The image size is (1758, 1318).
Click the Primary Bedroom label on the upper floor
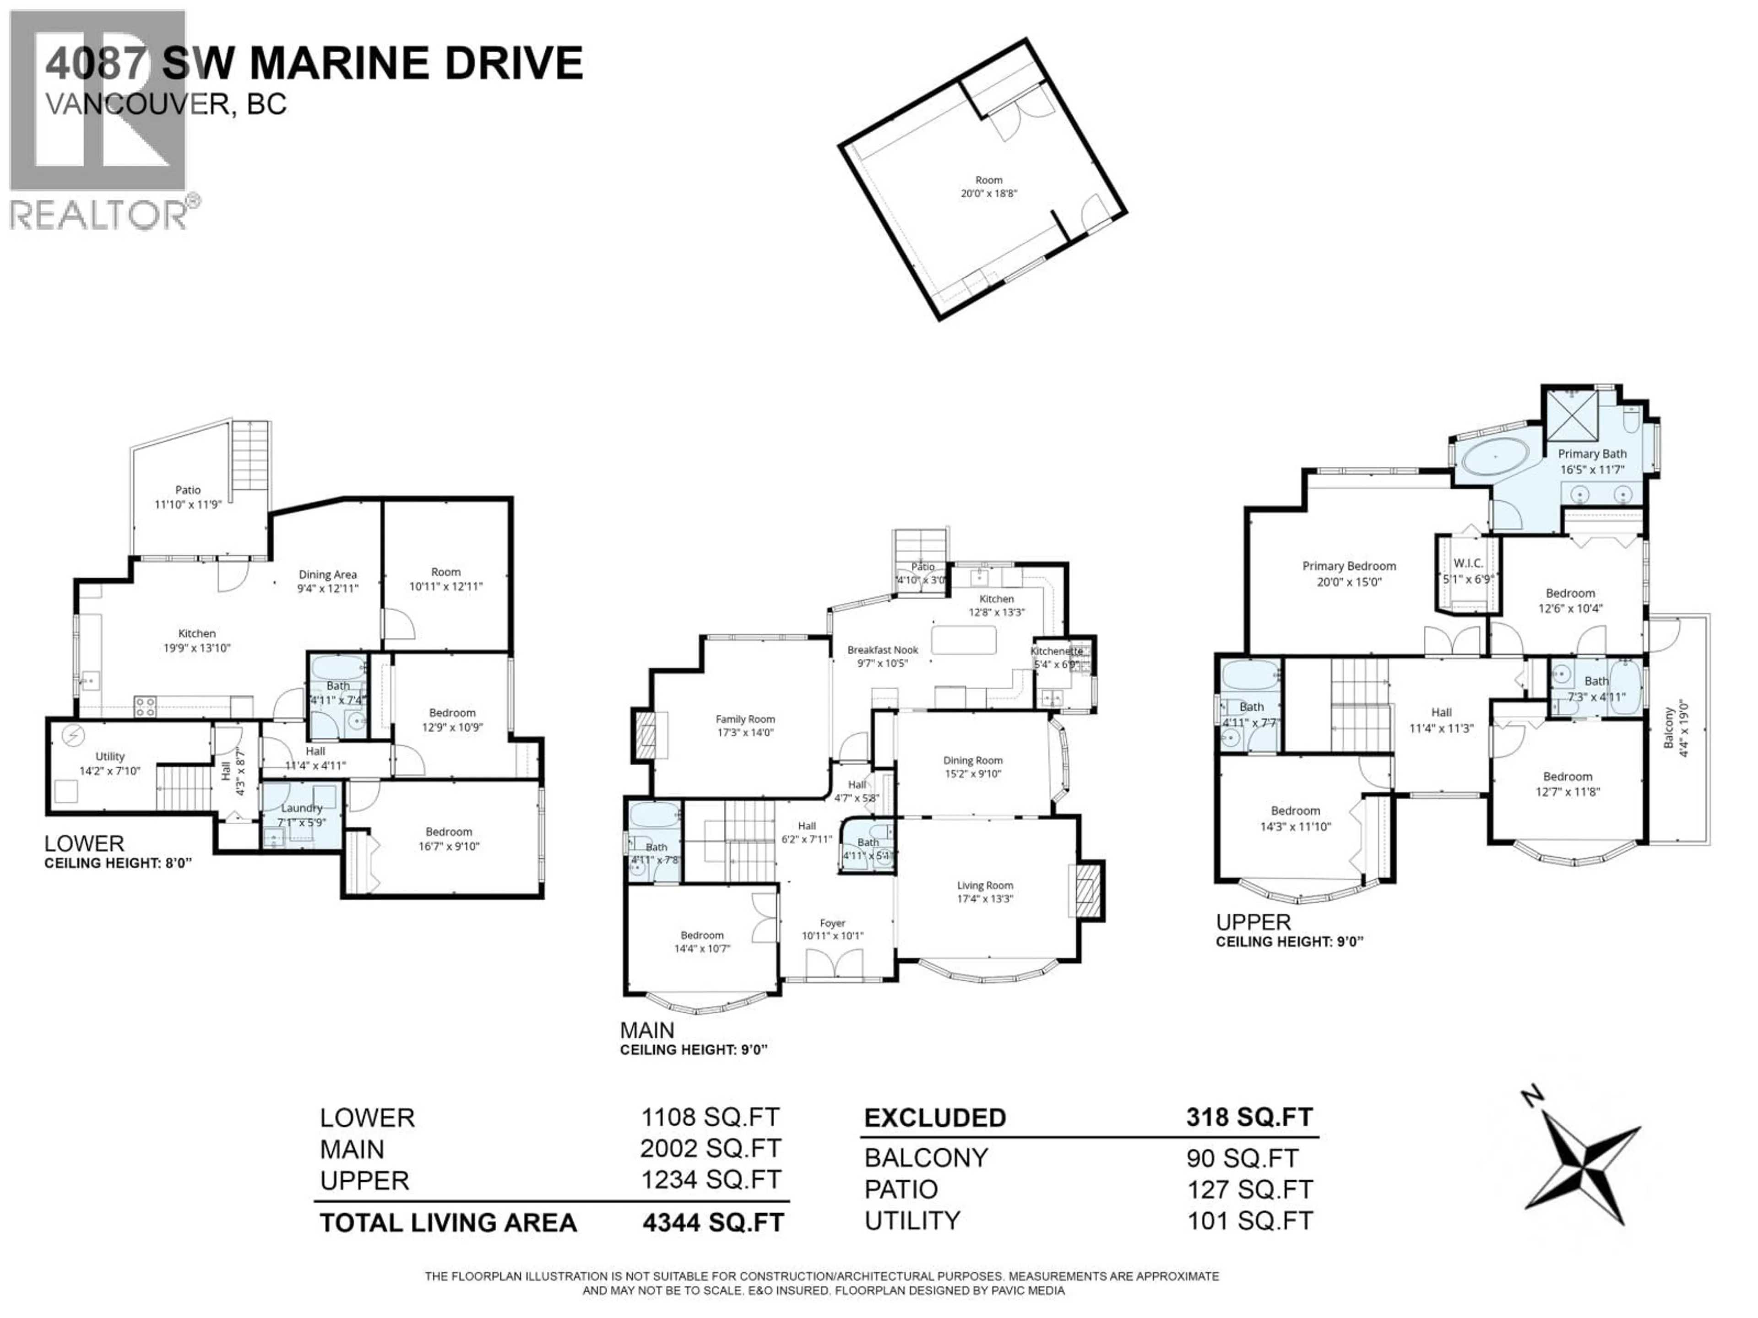pos(1349,567)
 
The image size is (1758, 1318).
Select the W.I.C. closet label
pos(1468,563)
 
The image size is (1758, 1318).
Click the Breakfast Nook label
pos(882,650)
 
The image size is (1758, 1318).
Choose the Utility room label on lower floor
pos(110,756)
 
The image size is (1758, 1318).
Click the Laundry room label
pos(301,808)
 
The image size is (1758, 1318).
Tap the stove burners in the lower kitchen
pos(145,706)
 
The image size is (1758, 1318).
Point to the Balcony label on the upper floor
pos(1669,728)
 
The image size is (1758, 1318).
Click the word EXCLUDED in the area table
pos(935,1118)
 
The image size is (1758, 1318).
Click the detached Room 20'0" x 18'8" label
pos(989,180)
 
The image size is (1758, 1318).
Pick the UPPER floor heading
pos(1253,922)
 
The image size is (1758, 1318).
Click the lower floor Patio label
pos(188,490)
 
